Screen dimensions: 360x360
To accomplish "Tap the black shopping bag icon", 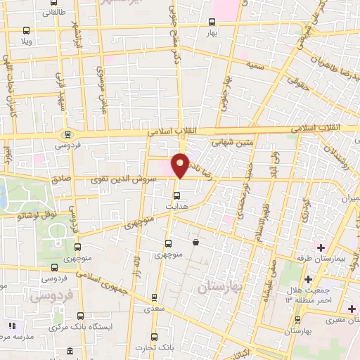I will tap(195, 242).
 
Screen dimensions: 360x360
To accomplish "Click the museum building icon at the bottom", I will tap(70, 352).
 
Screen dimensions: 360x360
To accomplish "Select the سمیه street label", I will tap(254, 65).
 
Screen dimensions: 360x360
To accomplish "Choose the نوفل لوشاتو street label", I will tap(35, 216).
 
